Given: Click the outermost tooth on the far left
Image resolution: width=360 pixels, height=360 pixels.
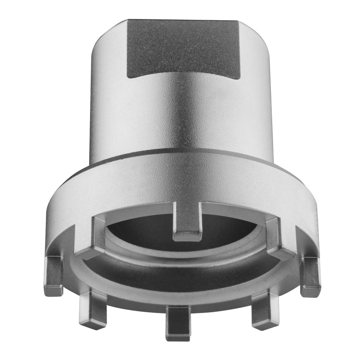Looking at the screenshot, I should tap(54, 274).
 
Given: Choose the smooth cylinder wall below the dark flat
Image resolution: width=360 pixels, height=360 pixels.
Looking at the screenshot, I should tap(180, 117).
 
